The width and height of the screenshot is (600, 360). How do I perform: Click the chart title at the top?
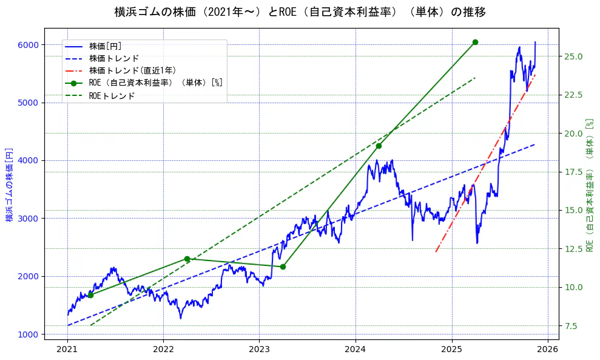(300, 12)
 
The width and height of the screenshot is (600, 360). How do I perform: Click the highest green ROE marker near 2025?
(475, 42)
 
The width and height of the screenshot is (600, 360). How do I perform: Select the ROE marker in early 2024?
(379, 146)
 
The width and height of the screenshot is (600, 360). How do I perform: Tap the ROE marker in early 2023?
(283, 267)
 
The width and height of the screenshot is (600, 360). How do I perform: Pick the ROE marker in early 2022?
(187, 259)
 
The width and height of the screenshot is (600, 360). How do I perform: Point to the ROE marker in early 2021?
(90, 295)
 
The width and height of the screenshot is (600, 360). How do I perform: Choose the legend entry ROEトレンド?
(112, 95)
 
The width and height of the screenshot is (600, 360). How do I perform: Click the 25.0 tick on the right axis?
(574, 56)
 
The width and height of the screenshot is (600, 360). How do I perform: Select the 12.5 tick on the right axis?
(574, 249)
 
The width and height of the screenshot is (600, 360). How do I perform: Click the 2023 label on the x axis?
(259, 350)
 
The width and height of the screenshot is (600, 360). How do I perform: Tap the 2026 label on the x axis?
(548, 350)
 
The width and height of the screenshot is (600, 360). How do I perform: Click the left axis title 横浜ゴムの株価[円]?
(9, 184)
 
